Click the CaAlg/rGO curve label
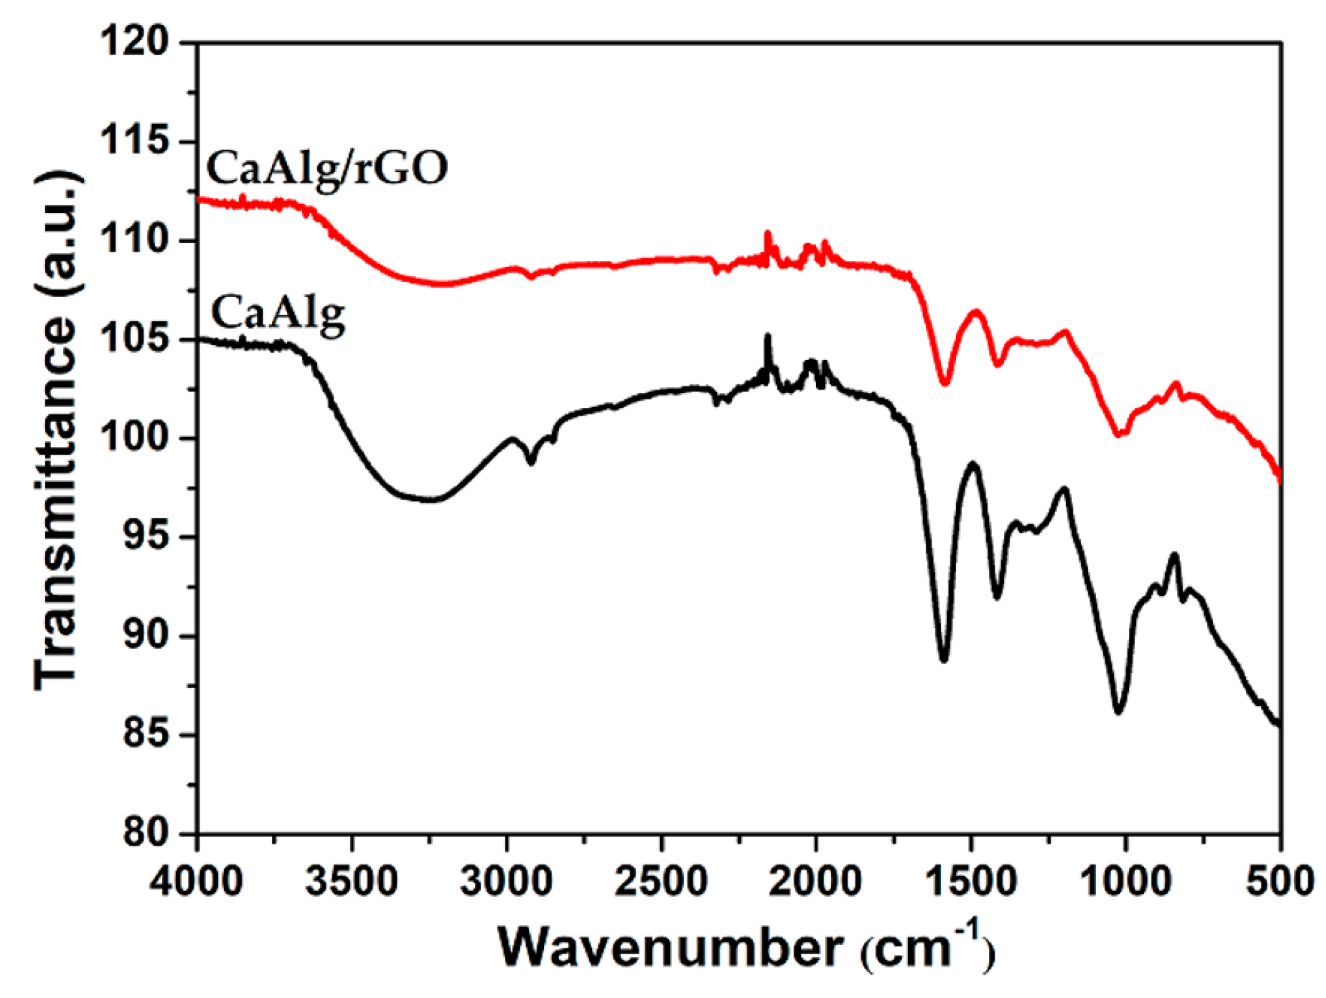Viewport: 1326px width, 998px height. click(327, 169)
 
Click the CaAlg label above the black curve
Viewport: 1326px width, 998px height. click(278, 314)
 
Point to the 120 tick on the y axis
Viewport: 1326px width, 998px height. click(135, 43)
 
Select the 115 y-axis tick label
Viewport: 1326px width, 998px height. click(135, 142)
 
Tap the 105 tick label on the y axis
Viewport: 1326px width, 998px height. click(135, 340)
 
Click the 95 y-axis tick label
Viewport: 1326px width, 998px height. click(145, 537)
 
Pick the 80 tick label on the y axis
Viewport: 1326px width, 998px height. click(145, 834)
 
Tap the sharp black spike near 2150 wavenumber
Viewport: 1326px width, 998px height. click(768, 337)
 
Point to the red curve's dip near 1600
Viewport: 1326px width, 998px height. click(945, 383)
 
